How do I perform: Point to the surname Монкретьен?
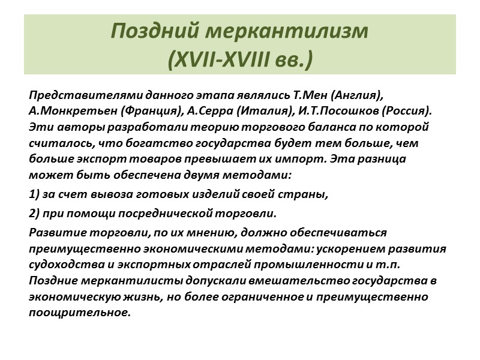click(75, 112)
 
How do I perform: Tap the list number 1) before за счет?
click(34, 196)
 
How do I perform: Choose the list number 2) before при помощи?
click(34, 213)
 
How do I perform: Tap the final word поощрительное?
click(79, 313)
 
